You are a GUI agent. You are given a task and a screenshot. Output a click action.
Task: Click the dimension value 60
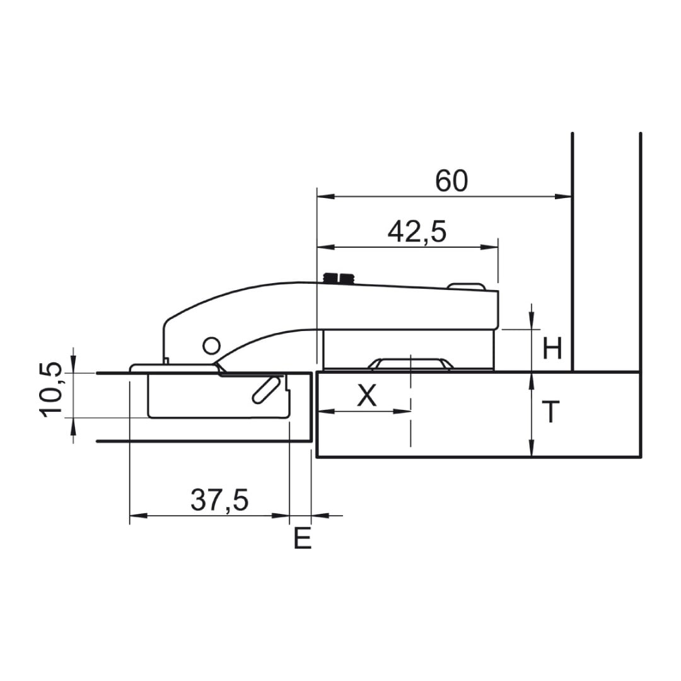[451, 181]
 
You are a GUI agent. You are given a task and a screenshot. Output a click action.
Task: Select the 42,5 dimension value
[417, 232]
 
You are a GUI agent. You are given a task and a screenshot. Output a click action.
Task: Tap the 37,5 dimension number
[219, 500]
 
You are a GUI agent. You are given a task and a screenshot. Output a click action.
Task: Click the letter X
[367, 395]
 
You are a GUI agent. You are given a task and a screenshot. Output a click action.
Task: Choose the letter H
[552, 348]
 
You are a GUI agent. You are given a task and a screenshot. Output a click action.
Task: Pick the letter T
[551, 412]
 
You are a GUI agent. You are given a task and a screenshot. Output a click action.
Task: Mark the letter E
[303, 538]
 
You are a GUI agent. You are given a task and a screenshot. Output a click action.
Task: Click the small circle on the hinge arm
[211, 346]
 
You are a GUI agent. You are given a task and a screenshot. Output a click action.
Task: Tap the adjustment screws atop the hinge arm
[339, 278]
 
